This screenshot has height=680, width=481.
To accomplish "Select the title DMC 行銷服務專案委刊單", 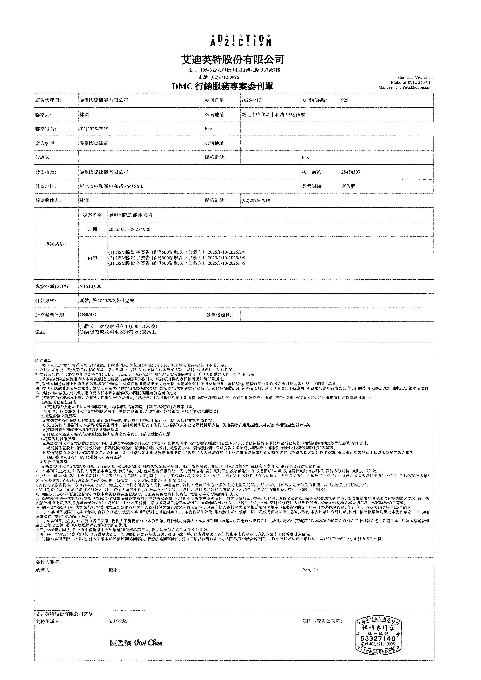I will pos(222,86).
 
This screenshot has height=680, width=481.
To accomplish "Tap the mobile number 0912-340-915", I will pos(420,82).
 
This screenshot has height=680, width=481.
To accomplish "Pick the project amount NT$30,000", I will pos(90,286).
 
